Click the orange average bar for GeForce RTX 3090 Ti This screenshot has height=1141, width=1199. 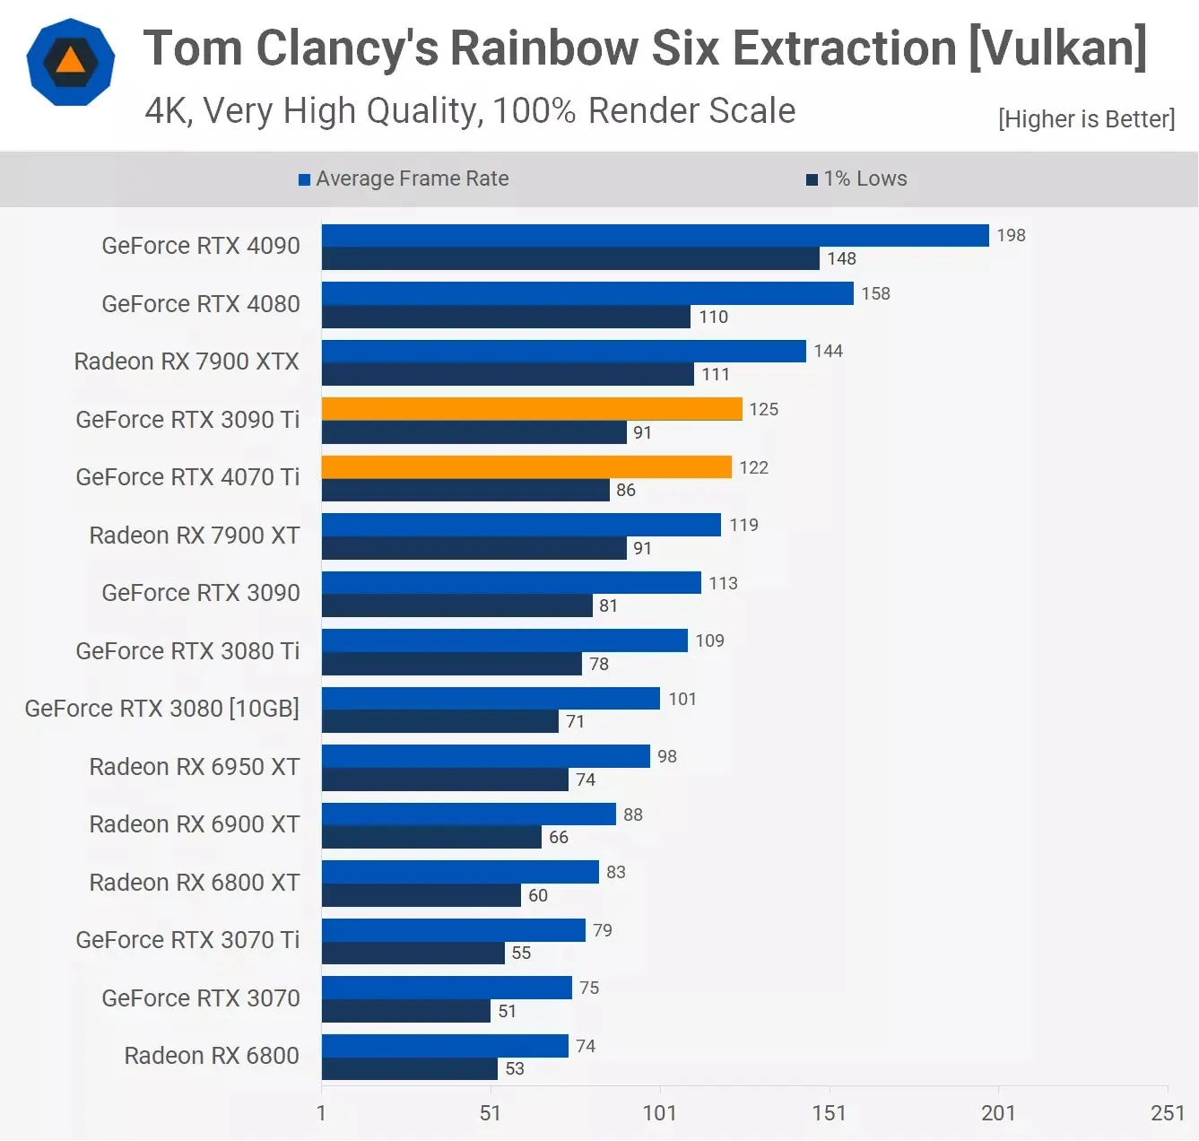point(532,409)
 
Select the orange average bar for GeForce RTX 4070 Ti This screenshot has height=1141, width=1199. point(526,467)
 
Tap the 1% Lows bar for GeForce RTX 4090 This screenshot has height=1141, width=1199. point(570,258)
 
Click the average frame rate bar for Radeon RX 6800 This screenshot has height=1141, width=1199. point(445,1046)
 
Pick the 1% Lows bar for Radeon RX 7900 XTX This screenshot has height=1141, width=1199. point(508,374)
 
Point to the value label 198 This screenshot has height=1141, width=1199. point(1011,235)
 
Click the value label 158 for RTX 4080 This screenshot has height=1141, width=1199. point(875,293)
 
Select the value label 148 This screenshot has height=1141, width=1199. point(841,258)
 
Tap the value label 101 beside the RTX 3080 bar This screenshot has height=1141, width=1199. point(682,699)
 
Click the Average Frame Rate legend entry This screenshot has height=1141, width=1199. point(404,179)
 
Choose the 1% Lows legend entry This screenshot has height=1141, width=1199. point(856,179)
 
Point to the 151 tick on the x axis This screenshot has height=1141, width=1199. point(829,1113)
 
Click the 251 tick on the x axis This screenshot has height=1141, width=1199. point(1167,1113)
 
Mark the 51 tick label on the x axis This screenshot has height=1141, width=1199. point(490,1113)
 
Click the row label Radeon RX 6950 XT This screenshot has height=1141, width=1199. point(195,767)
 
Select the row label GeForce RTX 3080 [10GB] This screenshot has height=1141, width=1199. point(162,709)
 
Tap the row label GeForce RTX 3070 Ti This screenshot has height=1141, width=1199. point(187,940)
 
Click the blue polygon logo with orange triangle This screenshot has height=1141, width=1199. point(71,62)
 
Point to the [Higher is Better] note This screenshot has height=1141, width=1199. point(1086,119)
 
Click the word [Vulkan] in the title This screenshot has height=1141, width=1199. point(1058,48)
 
